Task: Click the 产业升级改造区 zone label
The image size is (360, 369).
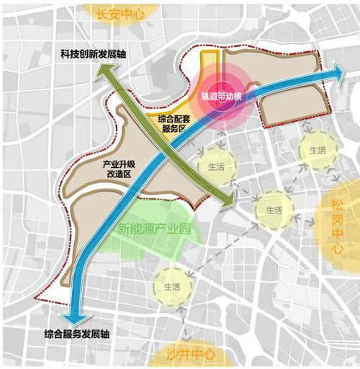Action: coord(120,169)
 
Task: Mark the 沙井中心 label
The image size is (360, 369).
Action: coord(190,355)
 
